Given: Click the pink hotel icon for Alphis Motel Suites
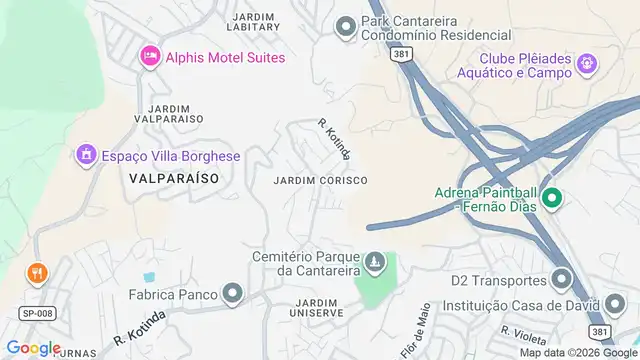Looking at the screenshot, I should [150, 56].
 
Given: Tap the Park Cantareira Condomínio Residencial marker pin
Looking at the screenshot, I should [346, 26].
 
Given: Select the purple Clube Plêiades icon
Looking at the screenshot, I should [587, 65].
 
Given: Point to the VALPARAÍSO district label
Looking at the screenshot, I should [174, 176].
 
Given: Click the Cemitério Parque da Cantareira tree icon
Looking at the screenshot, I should [375, 262].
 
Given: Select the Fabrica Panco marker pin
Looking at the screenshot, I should [233, 293].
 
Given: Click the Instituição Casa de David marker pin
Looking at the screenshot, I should [614, 303].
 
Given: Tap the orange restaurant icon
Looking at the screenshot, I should [37, 271].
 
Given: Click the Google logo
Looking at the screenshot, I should [33, 347].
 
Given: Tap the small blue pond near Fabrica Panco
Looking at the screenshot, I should [150, 276].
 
